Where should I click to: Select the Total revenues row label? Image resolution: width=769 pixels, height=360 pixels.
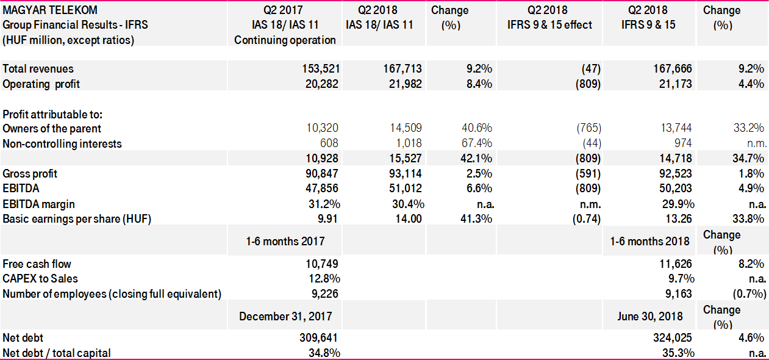click(38, 69)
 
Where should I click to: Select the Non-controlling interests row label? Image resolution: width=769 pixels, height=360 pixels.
click(62, 144)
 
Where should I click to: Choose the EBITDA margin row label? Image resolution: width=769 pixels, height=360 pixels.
click(39, 204)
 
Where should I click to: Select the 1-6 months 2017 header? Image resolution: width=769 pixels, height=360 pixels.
click(285, 241)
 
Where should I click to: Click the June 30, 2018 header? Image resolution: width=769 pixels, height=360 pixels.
click(650, 316)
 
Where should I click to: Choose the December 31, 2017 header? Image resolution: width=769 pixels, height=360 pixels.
click(285, 316)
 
